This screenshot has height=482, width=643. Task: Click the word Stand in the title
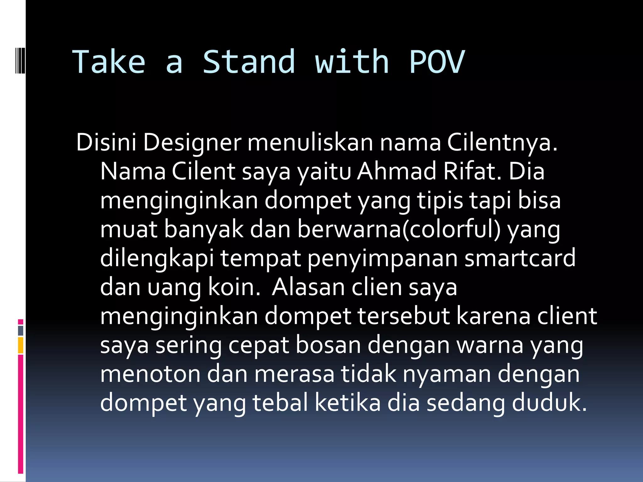pyautogui.click(x=249, y=62)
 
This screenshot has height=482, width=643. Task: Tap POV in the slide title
pyautogui.click(x=437, y=62)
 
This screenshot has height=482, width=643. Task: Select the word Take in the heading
pyautogui.click(x=109, y=62)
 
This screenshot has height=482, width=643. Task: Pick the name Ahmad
pyautogui.click(x=397, y=171)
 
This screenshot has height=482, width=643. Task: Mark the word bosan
pyautogui.click(x=328, y=345)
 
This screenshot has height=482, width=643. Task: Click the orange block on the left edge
pyautogui.click(x=21, y=345)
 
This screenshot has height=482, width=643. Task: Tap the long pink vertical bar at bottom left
pyautogui.click(x=21, y=414)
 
